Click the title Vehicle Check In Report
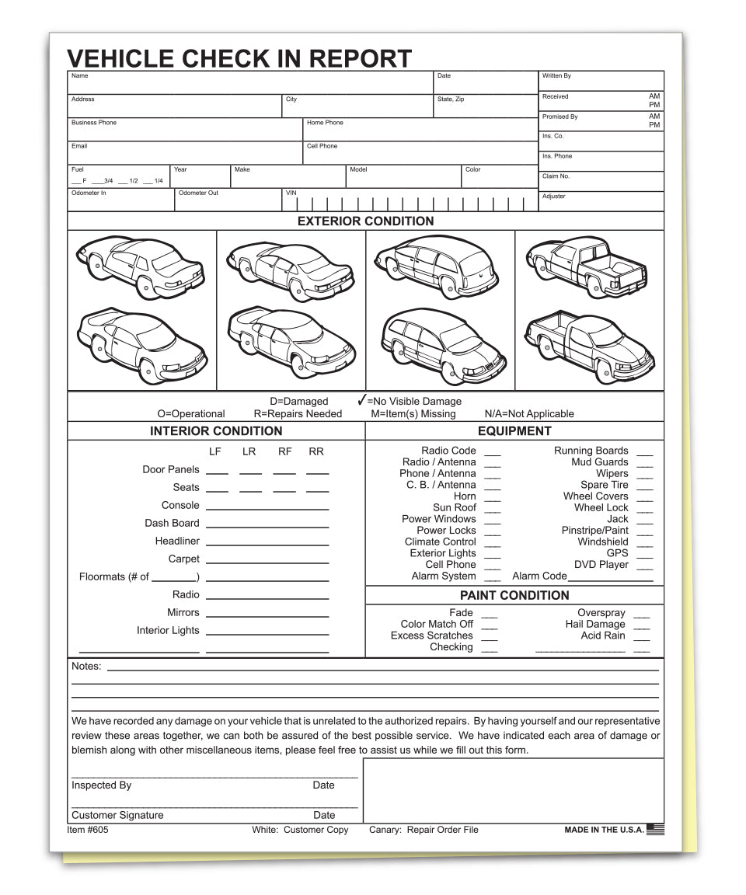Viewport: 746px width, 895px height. click(x=239, y=58)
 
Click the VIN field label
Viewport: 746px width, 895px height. click(x=291, y=193)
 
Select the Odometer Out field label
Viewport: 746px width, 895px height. click(x=198, y=193)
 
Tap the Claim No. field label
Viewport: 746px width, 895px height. click(x=556, y=176)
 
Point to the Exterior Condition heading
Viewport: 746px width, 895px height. click(x=365, y=221)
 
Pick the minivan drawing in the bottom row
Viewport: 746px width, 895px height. click(x=443, y=342)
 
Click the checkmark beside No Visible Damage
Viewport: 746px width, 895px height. click(x=361, y=400)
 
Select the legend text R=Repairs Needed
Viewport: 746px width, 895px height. click(x=298, y=414)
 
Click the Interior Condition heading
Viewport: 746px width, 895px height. click(x=216, y=431)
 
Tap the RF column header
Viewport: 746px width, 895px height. click(x=284, y=451)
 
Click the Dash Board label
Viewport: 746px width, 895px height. click(x=172, y=524)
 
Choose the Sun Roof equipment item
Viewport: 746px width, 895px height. click(x=455, y=507)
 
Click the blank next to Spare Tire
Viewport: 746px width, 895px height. click(x=644, y=486)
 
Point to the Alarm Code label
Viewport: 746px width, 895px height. click(x=539, y=576)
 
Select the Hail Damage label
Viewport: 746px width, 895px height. click(x=594, y=624)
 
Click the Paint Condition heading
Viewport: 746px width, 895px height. click(x=514, y=596)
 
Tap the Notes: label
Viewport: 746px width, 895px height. click(x=86, y=667)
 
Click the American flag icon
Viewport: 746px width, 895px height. click(x=655, y=829)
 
